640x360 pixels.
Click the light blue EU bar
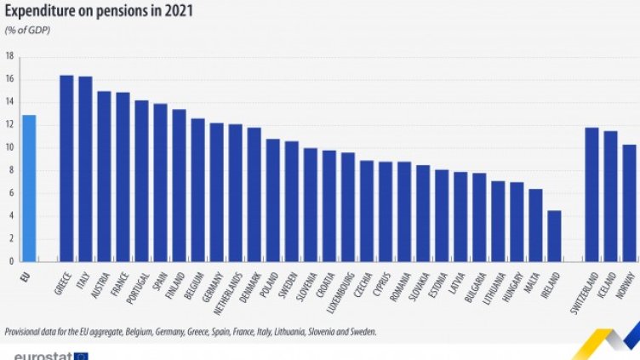pos(29,187)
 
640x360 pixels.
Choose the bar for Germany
pos(216,191)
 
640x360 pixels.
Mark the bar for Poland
pos(272,200)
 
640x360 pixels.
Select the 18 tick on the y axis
pos(9,56)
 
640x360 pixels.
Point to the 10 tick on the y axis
pos(9,147)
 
